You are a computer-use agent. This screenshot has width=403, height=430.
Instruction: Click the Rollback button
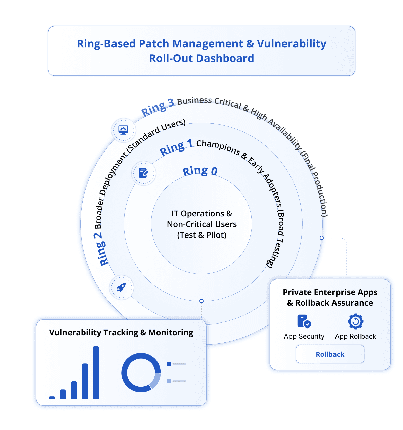pyautogui.click(x=330, y=354)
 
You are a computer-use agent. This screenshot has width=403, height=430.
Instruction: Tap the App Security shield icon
pyautogui.click(x=304, y=321)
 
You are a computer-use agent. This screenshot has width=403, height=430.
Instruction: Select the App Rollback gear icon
pyautogui.click(x=355, y=321)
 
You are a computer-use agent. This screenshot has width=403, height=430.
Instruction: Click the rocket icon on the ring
pyautogui.click(x=121, y=288)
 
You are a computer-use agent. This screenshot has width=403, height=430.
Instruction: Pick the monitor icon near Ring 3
pyautogui.click(x=123, y=130)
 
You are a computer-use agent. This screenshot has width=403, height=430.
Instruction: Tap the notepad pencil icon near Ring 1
pyautogui.click(x=143, y=173)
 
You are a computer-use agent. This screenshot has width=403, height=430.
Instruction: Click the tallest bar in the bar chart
pyautogui.click(x=96, y=372)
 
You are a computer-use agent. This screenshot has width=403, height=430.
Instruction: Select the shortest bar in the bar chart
pyautogui.click(x=52, y=397)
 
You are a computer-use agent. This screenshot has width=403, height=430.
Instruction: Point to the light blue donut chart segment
pyautogui.click(x=155, y=381)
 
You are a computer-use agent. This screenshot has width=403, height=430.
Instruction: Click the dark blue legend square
pyautogui.click(x=169, y=364)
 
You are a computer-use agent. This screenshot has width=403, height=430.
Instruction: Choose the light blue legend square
pyautogui.click(x=169, y=381)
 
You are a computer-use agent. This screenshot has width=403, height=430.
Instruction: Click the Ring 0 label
pyautogui.click(x=200, y=171)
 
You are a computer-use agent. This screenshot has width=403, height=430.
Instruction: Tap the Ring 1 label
pyautogui.click(x=176, y=147)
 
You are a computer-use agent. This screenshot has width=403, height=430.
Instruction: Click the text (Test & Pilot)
pyautogui.click(x=201, y=235)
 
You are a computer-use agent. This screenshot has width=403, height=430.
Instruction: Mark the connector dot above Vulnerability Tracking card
pyautogui.click(x=201, y=301)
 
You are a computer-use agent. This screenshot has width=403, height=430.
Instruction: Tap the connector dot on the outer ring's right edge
pyautogui.click(x=322, y=238)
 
